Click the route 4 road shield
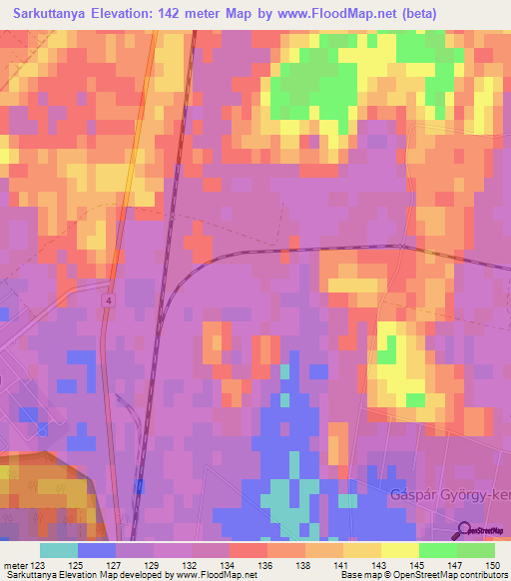(x=107, y=299)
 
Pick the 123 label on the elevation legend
(x=38, y=566)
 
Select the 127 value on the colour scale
(x=115, y=566)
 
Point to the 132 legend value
(x=190, y=566)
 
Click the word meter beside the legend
(x=15, y=566)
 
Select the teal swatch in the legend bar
(x=58, y=550)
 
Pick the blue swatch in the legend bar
(x=97, y=550)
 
